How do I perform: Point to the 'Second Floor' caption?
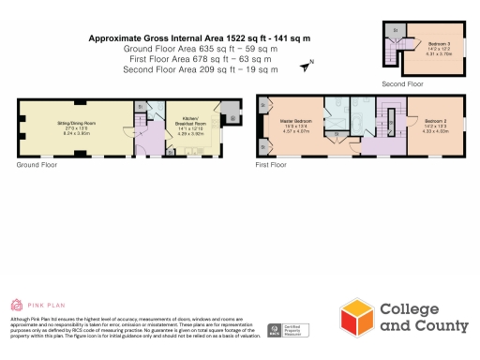[x=400, y=83]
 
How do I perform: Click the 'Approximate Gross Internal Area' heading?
[x=199, y=38]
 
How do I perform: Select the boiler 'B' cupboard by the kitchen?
[x=229, y=106]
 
